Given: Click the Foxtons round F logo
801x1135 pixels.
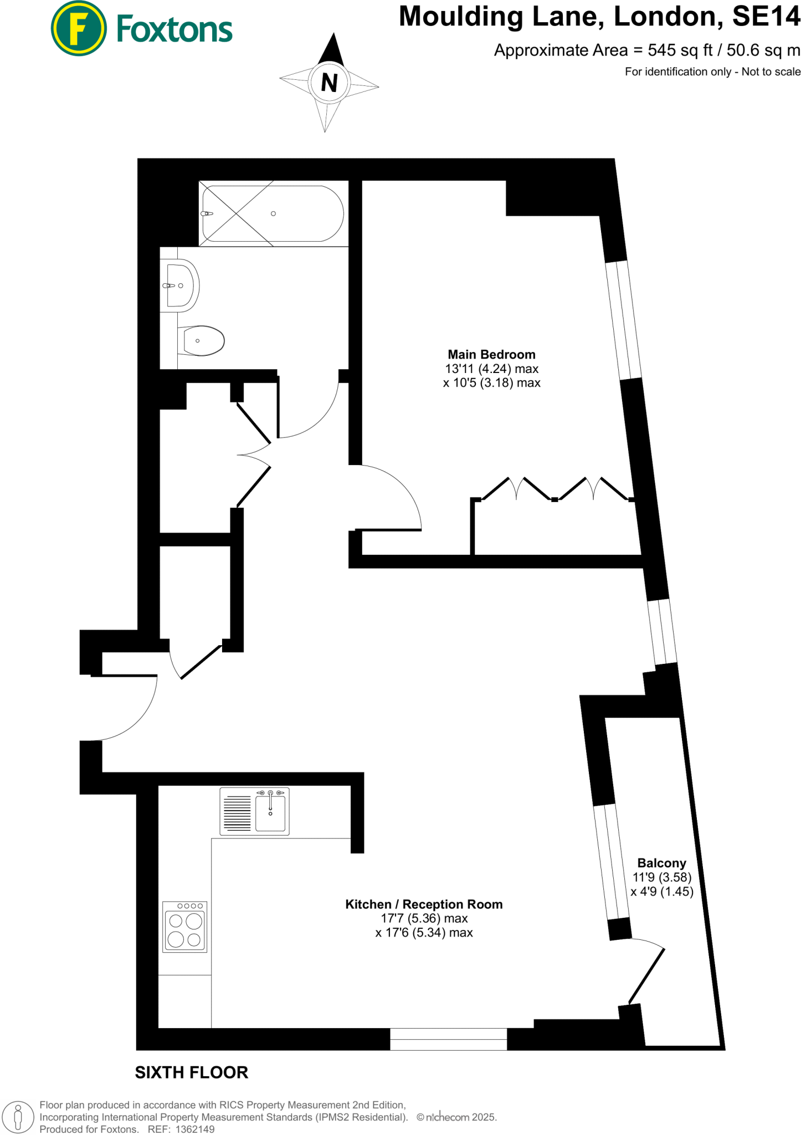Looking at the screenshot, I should (x=78, y=28).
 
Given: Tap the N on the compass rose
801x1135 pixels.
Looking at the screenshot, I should (x=329, y=83).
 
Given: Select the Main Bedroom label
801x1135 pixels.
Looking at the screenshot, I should (x=491, y=355).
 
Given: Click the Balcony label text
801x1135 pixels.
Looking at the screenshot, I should (x=661, y=863).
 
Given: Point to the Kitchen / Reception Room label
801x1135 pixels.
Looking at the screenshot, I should (x=424, y=904).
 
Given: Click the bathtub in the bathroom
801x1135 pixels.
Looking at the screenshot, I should (x=273, y=213).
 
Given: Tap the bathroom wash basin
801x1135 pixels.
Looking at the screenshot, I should (x=181, y=285).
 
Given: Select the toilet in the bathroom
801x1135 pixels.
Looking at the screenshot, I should (x=202, y=340).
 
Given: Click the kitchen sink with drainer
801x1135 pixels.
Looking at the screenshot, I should (x=254, y=811).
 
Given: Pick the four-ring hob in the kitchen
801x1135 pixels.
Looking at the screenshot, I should (x=184, y=927).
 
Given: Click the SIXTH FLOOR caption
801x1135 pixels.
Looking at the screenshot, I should (x=192, y=1072).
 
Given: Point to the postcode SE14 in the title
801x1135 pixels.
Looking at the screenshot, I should (x=766, y=17).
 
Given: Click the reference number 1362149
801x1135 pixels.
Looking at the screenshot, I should (x=194, y=1129).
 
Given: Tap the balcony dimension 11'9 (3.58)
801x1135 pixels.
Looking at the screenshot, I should (x=662, y=877).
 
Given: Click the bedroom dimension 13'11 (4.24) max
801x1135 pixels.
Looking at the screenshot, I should (x=491, y=369).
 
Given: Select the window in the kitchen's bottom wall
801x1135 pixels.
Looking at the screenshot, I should (x=448, y=1039).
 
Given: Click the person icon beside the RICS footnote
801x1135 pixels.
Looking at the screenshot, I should (x=18, y=1116).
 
